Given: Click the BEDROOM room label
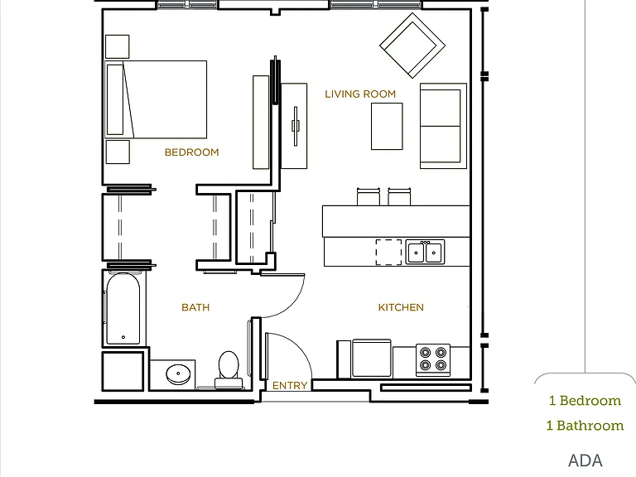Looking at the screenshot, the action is [191, 152].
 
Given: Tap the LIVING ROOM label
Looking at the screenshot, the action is [360, 94].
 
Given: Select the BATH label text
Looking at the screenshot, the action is [195, 307].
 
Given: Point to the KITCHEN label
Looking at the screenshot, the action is [401, 307].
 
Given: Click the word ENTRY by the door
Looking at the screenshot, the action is [290, 385].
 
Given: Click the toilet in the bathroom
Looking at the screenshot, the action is [229, 370].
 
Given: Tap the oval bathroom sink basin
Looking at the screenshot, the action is [178, 374].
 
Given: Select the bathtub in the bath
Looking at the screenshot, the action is [123, 308].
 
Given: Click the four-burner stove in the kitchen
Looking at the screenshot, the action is [433, 359].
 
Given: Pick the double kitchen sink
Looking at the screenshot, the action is [425, 252].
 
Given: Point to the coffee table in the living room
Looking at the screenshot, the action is [387, 126].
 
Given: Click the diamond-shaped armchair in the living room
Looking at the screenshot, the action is [412, 46].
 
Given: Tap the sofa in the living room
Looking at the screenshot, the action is [443, 126].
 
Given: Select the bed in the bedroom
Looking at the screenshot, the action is [157, 99].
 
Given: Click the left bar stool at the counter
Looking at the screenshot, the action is [369, 197].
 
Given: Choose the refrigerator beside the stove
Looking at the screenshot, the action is [372, 359].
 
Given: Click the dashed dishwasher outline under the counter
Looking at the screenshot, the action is [388, 253].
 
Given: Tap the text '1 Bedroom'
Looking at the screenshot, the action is [585, 401].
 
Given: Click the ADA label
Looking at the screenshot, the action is [585, 460].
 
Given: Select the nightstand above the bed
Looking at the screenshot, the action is [118, 46].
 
